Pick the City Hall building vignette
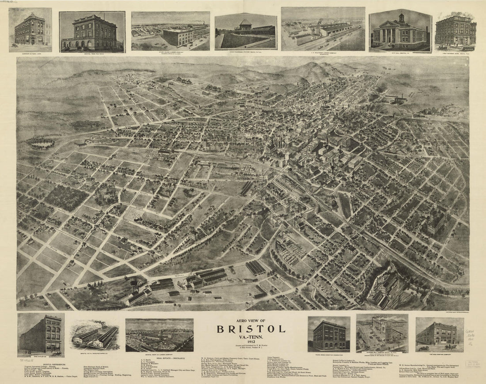(x=400, y=31)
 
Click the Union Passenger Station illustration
(x=246, y=31)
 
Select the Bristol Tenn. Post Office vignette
(x=92, y=31)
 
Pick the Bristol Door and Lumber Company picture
(x=159, y=334)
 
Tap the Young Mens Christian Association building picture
(x=329, y=334)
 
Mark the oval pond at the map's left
(x=41, y=143)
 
